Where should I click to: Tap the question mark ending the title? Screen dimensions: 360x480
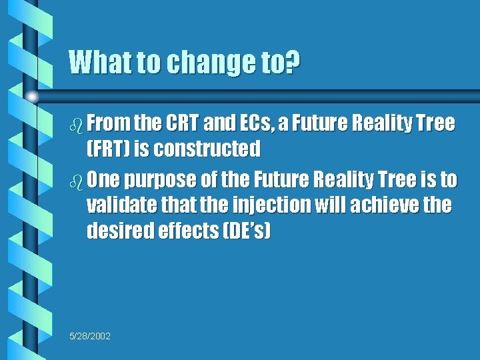293,63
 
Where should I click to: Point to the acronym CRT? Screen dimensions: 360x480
181,123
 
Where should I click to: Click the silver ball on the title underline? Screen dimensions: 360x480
31,97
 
